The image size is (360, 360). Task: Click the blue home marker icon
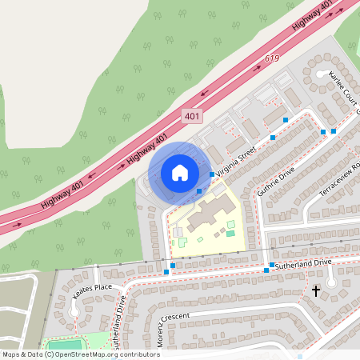coord(180,172)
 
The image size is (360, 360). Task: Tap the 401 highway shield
coord(191,117)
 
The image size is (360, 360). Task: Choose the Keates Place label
coord(91,290)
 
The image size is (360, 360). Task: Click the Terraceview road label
coord(342,182)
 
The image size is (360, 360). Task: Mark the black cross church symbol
coord(317,292)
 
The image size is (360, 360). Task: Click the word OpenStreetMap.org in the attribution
coord(88,354)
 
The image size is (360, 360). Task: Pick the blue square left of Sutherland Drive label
coord(272,264)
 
